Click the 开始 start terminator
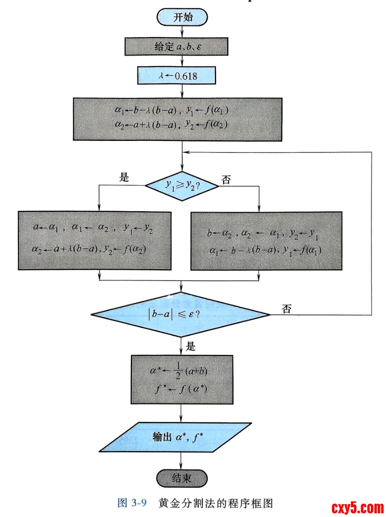pos(182,17)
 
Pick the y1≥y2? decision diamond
pos(183,185)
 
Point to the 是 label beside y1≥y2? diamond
pos(124,178)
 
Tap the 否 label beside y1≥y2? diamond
pos(226,180)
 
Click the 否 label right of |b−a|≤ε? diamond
pos(287,309)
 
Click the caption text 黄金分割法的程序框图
pos(216,503)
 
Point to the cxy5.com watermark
pos(357,507)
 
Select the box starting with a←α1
pos(95,240)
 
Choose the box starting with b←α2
pos(266,241)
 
